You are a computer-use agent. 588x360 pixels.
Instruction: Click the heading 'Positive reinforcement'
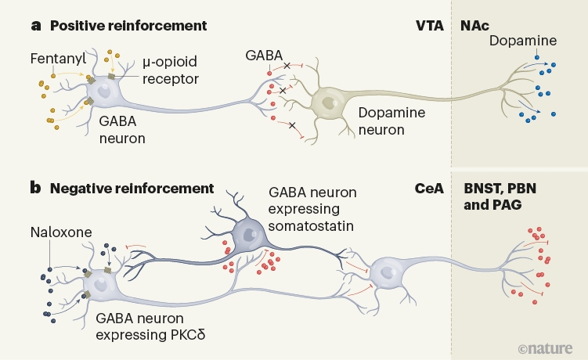point(128,25)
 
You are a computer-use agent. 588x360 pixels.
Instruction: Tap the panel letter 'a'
point(35,25)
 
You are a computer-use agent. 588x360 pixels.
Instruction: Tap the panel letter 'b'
point(35,189)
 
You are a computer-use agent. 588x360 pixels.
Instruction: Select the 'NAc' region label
point(474,25)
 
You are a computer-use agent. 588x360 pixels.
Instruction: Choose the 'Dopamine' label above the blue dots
point(523,40)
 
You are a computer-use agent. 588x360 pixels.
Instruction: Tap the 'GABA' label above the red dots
point(263,56)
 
